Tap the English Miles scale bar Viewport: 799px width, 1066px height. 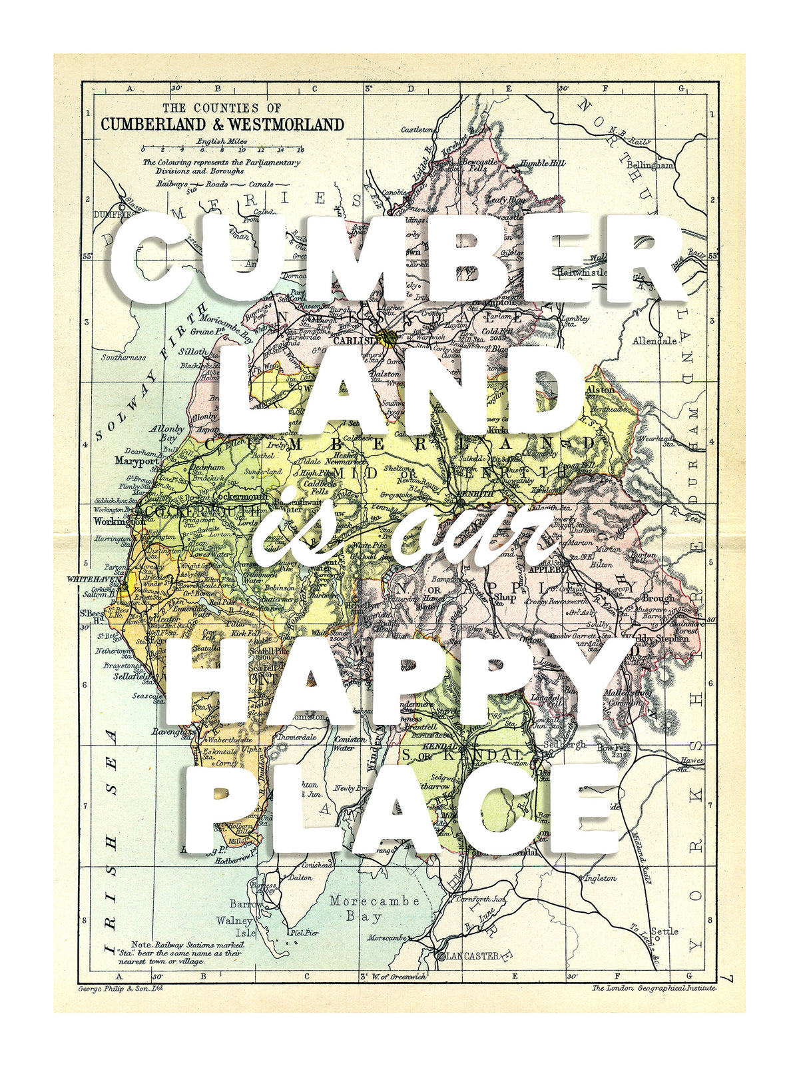point(223,149)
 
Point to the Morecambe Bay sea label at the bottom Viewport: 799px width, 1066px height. point(374,908)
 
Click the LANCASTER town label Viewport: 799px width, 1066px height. point(472,955)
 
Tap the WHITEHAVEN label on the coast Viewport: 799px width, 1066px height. point(96,580)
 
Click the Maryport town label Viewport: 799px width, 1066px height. point(136,460)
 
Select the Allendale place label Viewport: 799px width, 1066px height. point(655,340)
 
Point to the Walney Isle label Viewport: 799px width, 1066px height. point(235,927)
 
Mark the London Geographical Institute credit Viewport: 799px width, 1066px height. point(655,988)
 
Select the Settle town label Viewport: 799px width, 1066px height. point(665,931)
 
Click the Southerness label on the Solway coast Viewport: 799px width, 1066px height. point(123,357)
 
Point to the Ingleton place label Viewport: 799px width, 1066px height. point(600,878)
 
